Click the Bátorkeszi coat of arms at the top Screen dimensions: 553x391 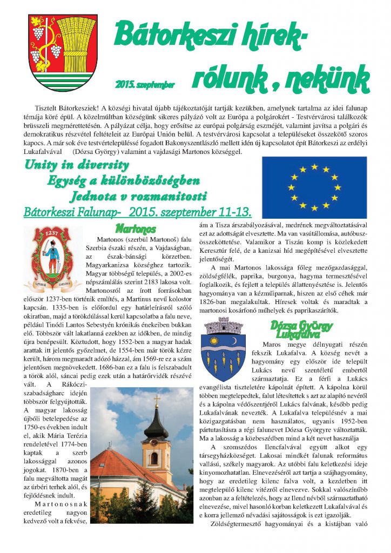point(63,52)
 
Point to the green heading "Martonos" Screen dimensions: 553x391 point(135,228)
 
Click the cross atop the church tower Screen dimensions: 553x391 point(156,401)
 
